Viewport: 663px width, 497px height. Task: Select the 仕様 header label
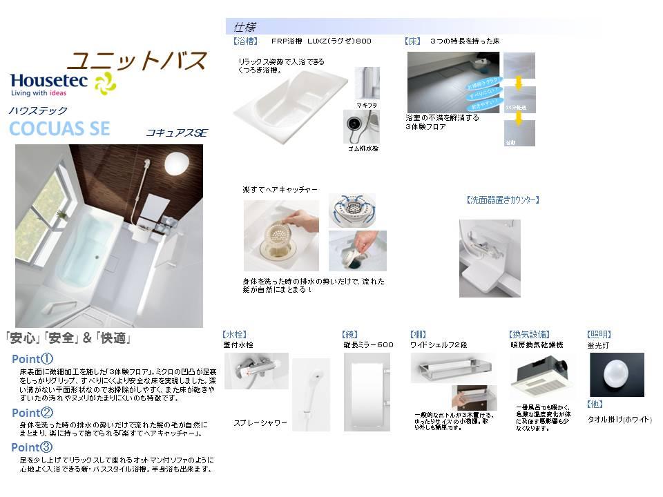point(244,28)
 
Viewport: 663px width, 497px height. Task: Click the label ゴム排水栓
point(362,148)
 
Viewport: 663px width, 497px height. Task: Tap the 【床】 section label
point(412,41)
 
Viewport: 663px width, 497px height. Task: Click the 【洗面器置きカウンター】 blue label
point(503,200)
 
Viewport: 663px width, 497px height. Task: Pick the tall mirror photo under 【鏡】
point(367,391)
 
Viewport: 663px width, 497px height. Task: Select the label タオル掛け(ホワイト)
point(619,419)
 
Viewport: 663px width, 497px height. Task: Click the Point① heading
point(32,359)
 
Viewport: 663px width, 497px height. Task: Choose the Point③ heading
point(32,447)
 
